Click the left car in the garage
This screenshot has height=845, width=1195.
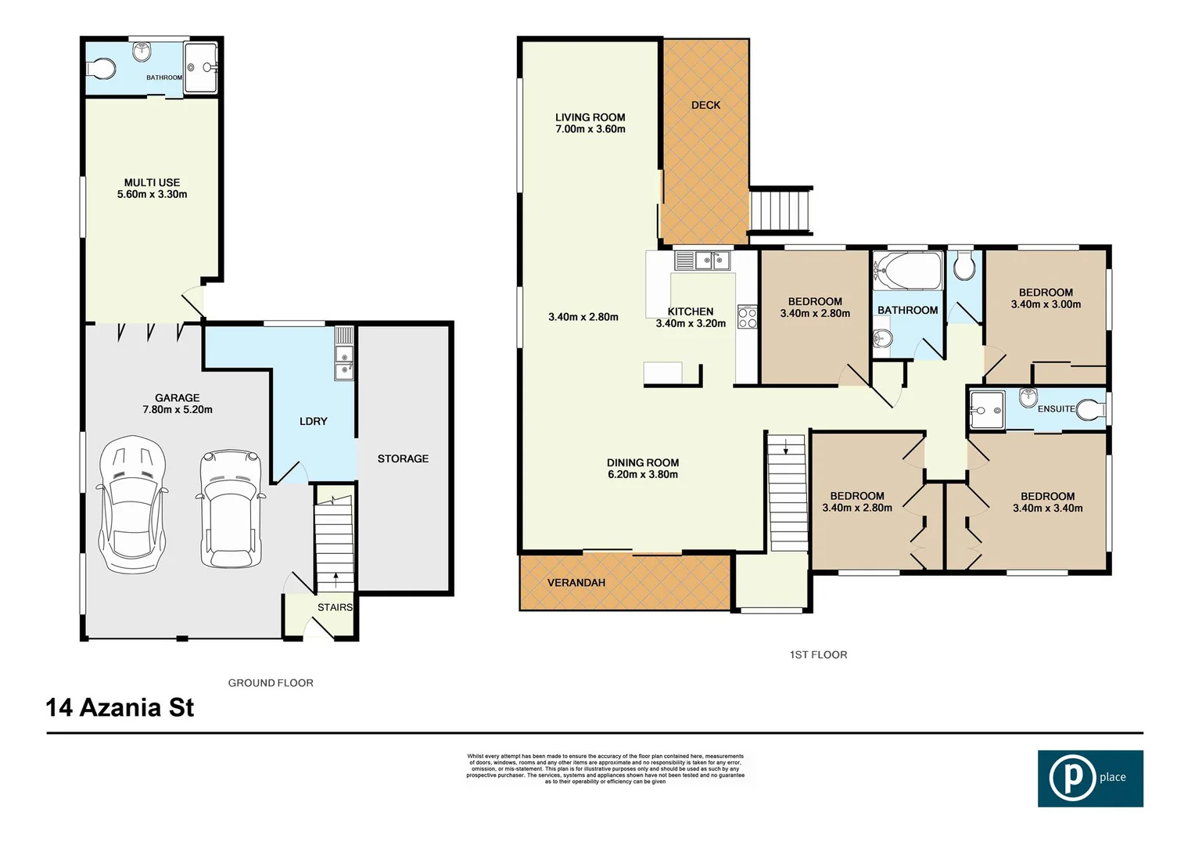133,505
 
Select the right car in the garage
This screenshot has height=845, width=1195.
229,508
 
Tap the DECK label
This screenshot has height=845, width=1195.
705,105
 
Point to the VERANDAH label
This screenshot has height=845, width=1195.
576,583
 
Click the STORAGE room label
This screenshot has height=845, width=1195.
403,458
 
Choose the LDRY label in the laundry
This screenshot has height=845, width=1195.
313,421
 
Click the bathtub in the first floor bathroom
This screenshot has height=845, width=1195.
907,271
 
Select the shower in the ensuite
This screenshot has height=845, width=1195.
985,409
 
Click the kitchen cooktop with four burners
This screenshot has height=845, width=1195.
747,317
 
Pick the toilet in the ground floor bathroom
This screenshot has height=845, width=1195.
101,70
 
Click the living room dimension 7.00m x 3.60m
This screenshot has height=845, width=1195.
590,129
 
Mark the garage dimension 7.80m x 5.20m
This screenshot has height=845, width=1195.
177,409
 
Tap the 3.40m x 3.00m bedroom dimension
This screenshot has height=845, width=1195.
1046,304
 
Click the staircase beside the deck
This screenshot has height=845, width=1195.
781,210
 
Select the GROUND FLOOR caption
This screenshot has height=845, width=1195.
271,683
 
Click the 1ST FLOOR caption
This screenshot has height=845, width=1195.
818,655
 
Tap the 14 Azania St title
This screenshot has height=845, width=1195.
120,708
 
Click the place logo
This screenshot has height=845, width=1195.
1089,778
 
